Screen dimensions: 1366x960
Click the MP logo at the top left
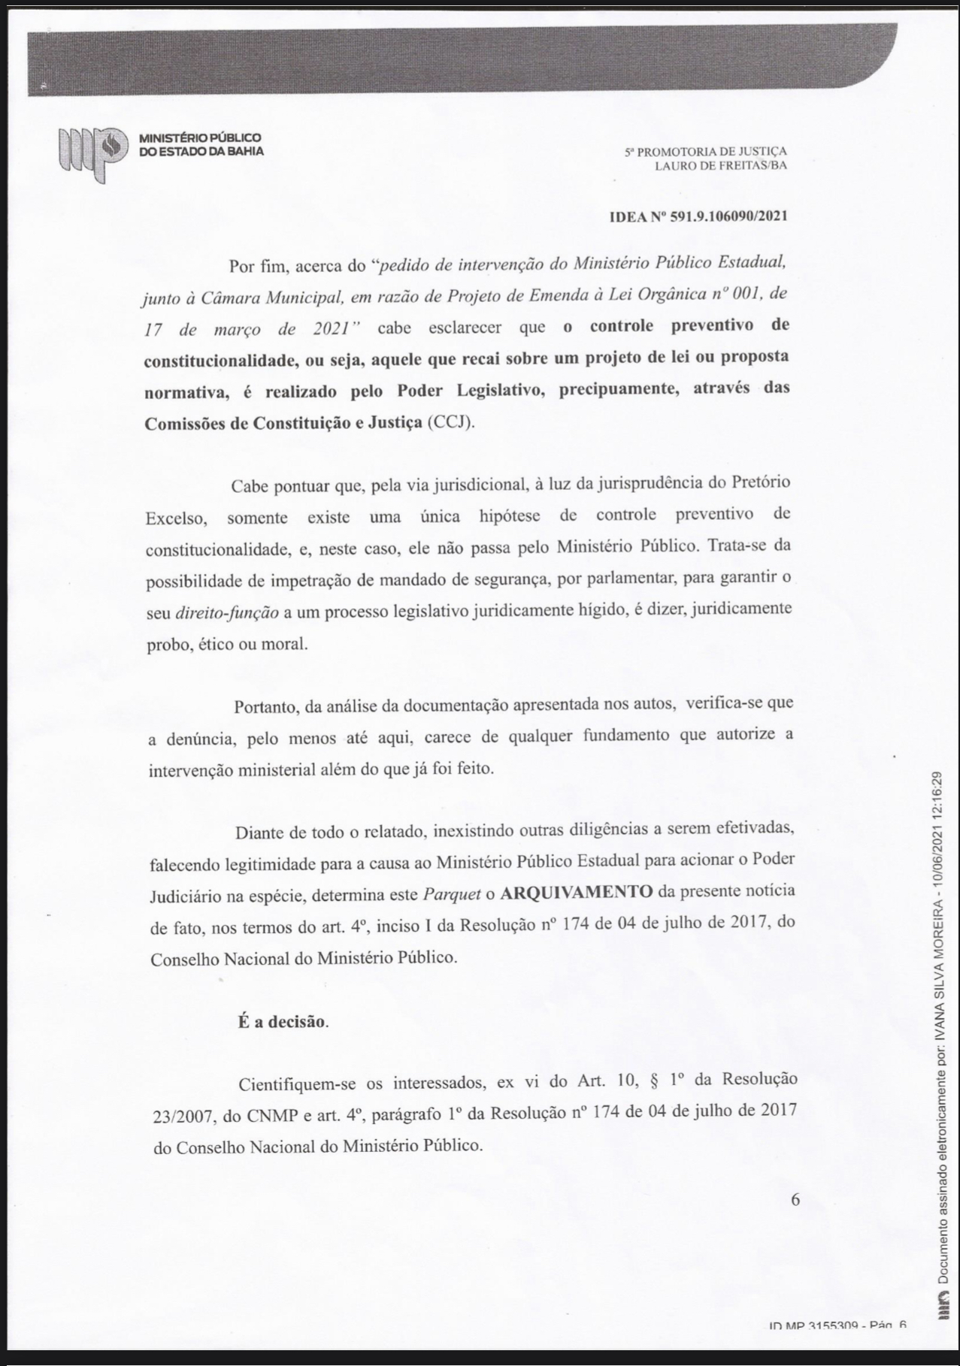[x=89, y=153]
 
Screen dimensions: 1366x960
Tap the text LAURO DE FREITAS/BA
[x=720, y=165]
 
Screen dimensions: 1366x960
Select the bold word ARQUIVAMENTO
[x=576, y=892]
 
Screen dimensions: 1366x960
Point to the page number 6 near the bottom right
[x=795, y=1200]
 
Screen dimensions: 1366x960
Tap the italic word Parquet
[x=451, y=893]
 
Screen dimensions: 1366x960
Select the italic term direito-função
[x=226, y=612]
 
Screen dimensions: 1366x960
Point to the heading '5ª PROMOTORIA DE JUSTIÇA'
[x=705, y=152]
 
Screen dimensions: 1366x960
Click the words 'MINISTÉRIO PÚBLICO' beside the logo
[x=200, y=138]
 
